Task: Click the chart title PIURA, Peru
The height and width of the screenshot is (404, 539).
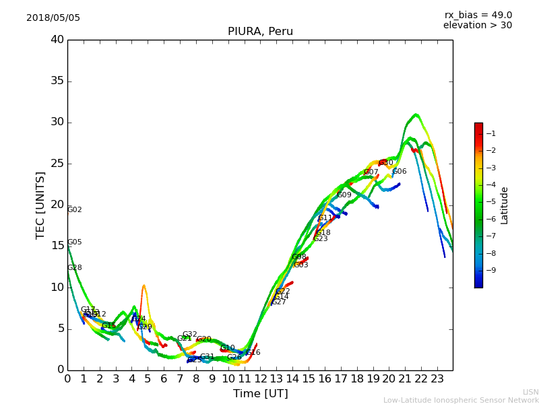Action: pyautogui.click(x=260, y=32)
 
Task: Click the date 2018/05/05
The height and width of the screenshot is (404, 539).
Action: pyautogui.click(x=53, y=18)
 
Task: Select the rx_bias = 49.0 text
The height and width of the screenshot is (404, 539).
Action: pyautogui.click(x=478, y=15)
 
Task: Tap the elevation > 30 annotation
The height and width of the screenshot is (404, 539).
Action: pyautogui.click(x=477, y=26)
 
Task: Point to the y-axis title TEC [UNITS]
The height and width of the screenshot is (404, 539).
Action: pyautogui.click(x=40, y=205)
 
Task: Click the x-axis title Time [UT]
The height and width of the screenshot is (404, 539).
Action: pyautogui.click(x=260, y=394)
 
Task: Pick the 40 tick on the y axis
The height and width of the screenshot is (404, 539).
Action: pyautogui.click(x=57, y=40)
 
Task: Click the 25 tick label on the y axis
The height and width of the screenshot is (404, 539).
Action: pyautogui.click(x=57, y=164)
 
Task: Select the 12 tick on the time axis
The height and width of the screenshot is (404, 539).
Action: pyautogui.click(x=260, y=379)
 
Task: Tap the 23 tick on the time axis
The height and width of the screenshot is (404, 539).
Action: pyautogui.click(x=437, y=379)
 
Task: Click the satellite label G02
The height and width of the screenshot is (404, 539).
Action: pyautogui.click(x=75, y=210)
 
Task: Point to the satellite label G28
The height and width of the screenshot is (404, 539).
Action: pyautogui.click(x=75, y=268)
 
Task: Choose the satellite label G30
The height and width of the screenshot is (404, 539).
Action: pyautogui.click(x=386, y=163)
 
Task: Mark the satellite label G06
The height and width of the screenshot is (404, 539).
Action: pyautogui.click(x=400, y=172)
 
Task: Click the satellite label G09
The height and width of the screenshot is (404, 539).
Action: pyautogui.click(x=344, y=195)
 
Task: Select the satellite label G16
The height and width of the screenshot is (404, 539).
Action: pyautogui.click(x=253, y=353)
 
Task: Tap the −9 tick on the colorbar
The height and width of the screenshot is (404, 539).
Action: pyautogui.click(x=491, y=271)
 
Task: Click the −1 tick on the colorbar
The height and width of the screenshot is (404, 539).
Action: pyautogui.click(x=491, y=133)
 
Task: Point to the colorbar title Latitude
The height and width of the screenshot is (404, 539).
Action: pyautogui.click(x=505, y=205)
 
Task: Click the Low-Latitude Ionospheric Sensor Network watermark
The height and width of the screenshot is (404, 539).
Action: pyautogui.click(x=461, y=401)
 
